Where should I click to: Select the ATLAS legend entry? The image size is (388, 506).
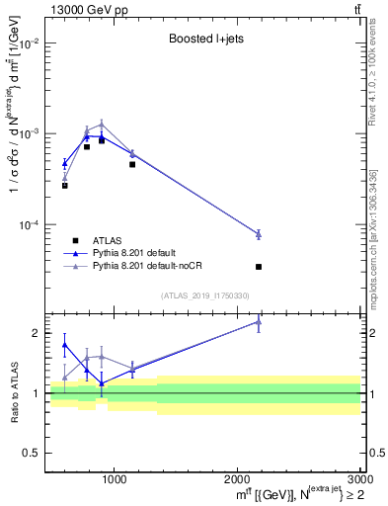click(x=108, y=240)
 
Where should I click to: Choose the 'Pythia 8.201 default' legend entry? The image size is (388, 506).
click(x=142, y=253)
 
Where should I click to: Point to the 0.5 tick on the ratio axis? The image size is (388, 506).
click(x=31, y=453)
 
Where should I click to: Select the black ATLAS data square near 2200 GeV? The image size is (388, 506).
click(x=259, y=267)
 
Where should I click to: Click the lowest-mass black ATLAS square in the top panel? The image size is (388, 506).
click(x=64, y=186)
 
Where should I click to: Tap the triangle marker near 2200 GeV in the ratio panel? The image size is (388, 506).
click(x=259, y=321)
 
